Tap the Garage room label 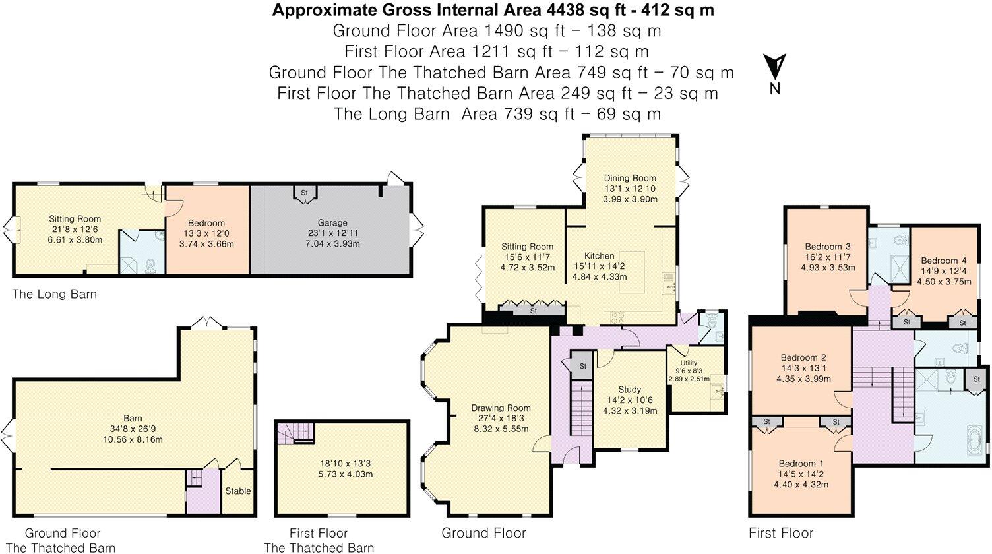(332, 223)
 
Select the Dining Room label (630, 178)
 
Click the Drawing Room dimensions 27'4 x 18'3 (501, 419)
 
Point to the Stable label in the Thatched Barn (238, 491)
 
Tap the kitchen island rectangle (632, 272)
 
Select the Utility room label (689, 363)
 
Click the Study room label (629, 390)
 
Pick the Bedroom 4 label (943, 261)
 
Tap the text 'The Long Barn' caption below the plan (54, 294)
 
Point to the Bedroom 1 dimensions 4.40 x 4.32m (801, 485)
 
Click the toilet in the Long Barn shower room (151, 265)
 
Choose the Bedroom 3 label (828, 247)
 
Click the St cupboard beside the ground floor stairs (582, 366)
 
